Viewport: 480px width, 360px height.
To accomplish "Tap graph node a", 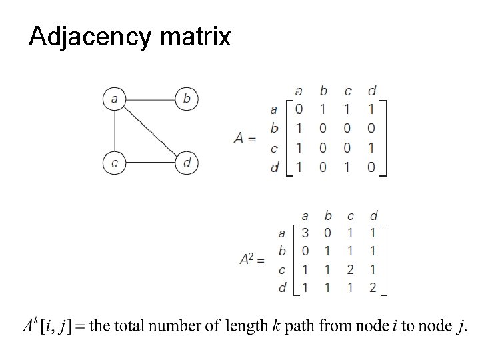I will click(115, 99).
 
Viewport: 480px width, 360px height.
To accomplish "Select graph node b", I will click(187, 99).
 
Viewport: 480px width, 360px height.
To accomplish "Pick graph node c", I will click(115, 162).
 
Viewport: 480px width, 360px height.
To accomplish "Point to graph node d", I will click(187, 162).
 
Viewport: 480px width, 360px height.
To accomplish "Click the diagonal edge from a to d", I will click(151, 131).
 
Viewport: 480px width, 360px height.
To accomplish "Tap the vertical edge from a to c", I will click(115, 131).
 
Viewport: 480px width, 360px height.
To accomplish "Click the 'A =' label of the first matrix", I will click(245, 139).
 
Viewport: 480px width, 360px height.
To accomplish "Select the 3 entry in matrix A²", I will click(305, 233).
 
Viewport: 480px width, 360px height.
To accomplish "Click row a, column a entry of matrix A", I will click(298, 107).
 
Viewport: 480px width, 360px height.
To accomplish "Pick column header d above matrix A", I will click(371, 90).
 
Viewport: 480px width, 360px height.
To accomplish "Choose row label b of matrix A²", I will click(282, 251).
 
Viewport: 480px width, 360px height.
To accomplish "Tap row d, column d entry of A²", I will click(373, 287).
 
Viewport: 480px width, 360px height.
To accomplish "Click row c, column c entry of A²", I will click(351, 269).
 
